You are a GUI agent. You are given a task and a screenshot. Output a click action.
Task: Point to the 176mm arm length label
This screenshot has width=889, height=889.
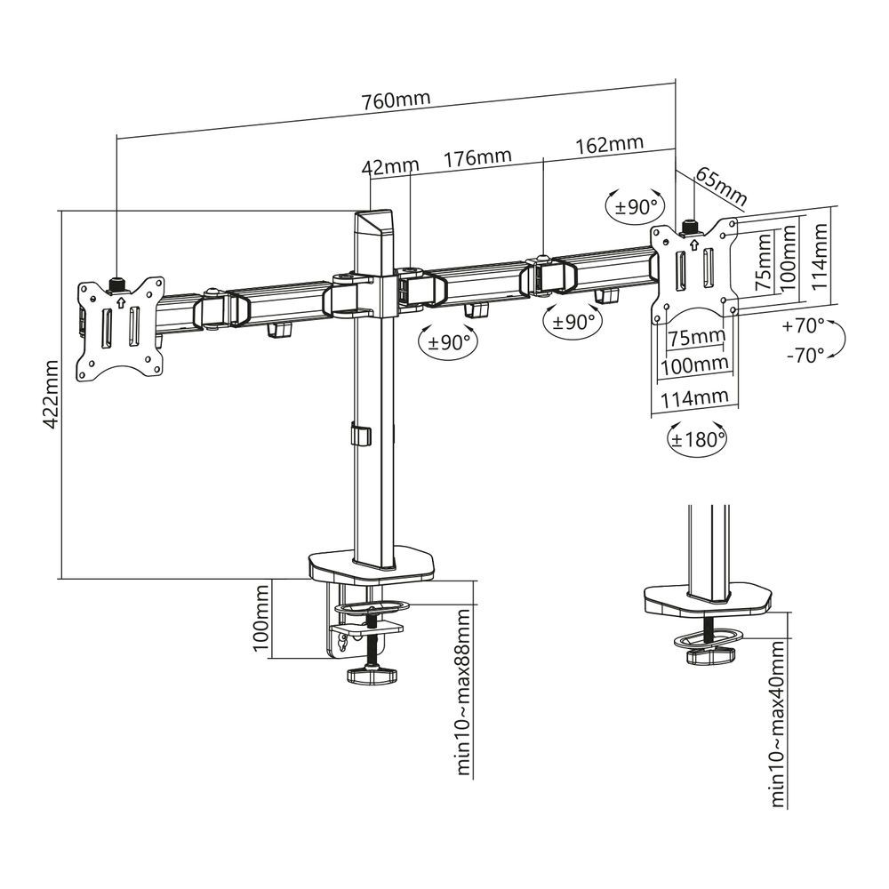477,156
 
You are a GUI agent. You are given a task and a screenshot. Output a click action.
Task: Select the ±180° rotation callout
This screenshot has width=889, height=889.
697,438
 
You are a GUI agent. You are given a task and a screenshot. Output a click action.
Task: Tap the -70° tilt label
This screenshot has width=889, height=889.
805,355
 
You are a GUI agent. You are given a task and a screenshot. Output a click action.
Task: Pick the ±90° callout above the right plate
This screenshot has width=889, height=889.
637,206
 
